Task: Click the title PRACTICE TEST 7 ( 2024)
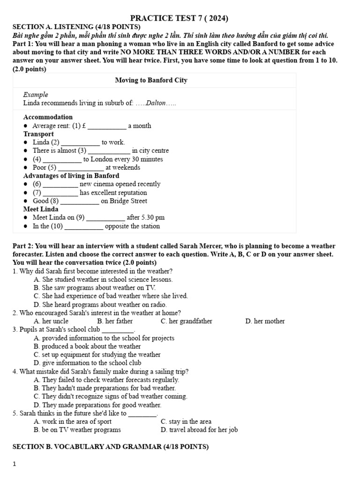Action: click(x=180, y=18)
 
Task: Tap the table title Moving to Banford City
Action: click(x=151, y=80)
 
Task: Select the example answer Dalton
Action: click(x=156, y=103)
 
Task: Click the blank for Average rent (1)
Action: click(x=107, y=126)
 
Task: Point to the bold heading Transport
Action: click(x=38, y=134)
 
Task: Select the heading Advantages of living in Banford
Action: click(x=71, y=176)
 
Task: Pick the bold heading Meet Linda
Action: click(x=41, y=209)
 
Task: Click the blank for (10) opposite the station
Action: click(x=83, y=226)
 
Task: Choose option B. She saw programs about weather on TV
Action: click(x=95, y=288)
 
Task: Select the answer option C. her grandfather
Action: click(x=186, y=321)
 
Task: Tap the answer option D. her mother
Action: click(x=265, y=321)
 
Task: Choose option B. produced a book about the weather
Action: click(x=87, y=346)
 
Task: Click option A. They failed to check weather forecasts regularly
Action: click(x=106, y=380)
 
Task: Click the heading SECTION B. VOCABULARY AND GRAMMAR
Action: click(x=110, y=447)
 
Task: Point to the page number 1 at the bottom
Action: click(x=15, y=464)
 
